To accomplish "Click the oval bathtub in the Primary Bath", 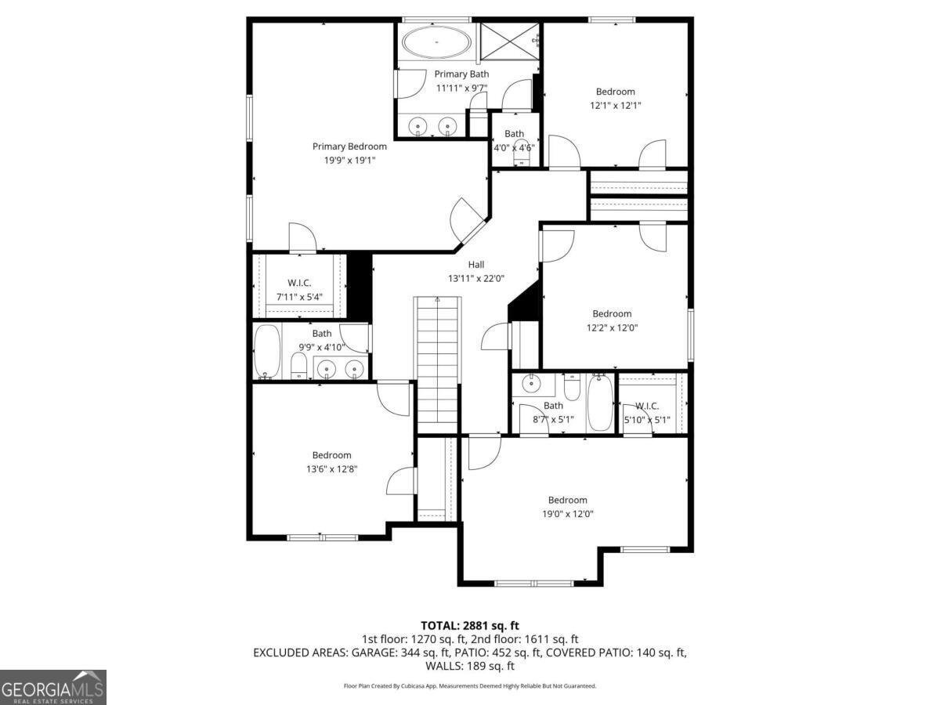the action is [x=436, y=42].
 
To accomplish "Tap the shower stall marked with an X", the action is [x=510, y=42].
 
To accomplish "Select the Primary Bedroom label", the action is [x=349, y=146].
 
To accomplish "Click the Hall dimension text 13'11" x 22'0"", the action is [x=476, y=279].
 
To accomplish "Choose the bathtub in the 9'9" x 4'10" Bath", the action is [x=267, y=352].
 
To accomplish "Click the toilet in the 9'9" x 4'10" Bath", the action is [x=299, y=366].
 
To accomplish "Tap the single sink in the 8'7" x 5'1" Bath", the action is [x=532, y=384].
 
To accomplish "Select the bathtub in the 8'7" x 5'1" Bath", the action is [x=599, y=403].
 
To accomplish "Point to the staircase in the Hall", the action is [x=438, y=364].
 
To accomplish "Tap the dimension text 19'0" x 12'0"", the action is [x=568, y=514].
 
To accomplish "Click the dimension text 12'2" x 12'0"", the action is [x=612, y=328].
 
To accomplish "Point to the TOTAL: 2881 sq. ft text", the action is [x=470, y=626].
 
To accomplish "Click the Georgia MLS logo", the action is [x=53, y=688].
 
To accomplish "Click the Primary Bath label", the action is [x=461, y=74].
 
